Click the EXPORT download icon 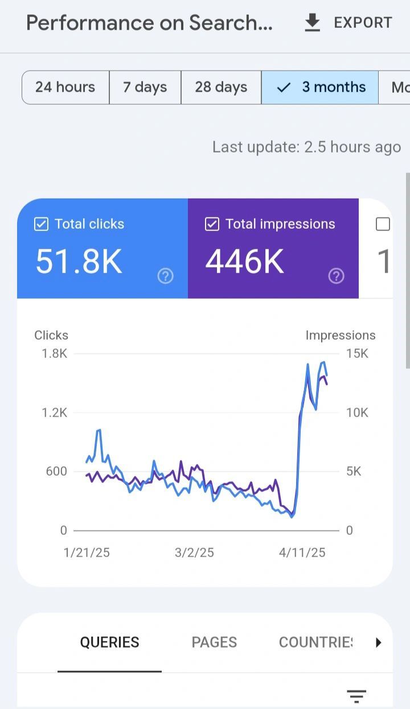(x=312, y=23)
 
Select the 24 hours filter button (x=65, y=87)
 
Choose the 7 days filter (x=145, y=87)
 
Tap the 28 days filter (x=221, y=87)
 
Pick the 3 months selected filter (x=321, y=87)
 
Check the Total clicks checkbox (x=41, y=224)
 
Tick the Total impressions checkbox (x=212, y=224)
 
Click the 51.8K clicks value (x=79, y=262)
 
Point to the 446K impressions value (x=245, y=262)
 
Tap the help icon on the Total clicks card (x=165, y=277)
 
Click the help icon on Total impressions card (x=336, y=277)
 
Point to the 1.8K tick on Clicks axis (x=55, y=353)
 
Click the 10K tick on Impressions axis (x=357, y=413)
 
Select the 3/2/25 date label (x=194, y=553)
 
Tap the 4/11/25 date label (x=302, y=553)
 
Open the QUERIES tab (x=109, y=642)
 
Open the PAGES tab (x=214, y=642)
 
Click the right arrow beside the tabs (x=378, y=642)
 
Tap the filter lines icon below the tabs (x=356, y=695)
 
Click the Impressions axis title (x=341, y=335)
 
